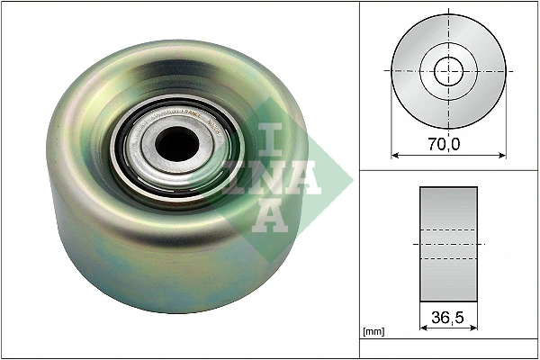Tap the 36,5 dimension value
point(448,316)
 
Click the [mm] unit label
point(373,332)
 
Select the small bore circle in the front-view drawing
point(448,70)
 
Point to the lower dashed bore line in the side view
point(448,259)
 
